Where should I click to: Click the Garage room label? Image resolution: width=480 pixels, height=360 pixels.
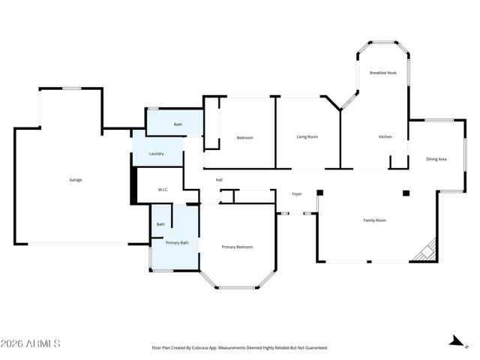click(x=76, y=180)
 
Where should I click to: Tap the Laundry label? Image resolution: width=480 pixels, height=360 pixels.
click(x=156, y=154)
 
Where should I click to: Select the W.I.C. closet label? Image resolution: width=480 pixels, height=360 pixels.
click(x=163, y=190)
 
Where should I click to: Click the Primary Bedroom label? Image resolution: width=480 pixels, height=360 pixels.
click(x=237, y=247)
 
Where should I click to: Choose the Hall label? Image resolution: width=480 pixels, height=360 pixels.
click(x=219, y=180)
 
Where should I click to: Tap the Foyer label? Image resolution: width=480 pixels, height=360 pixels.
click(x=297, y=194)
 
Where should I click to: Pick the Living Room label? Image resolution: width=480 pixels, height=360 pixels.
click(x=307, y=136)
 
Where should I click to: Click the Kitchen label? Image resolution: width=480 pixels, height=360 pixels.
click(x=385, y=136)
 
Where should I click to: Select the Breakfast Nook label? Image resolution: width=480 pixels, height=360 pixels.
click(x=383, y=73)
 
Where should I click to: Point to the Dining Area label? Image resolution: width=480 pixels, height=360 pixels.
click(x=436, y=159)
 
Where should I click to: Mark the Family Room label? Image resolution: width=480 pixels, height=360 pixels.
click(x=375, y=220)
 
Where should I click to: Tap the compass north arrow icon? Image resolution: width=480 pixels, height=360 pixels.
click(x=453, y=341)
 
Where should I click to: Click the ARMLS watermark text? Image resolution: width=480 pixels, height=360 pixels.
click(x=31, y=343)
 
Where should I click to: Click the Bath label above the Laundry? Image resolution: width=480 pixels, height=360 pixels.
click(x=178, y=124)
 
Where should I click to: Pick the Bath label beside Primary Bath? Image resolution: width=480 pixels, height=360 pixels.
click(x=160, y=224)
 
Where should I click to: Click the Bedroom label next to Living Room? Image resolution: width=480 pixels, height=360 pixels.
click(x=244, y=137)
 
